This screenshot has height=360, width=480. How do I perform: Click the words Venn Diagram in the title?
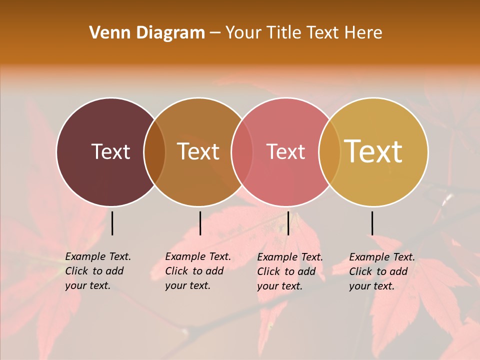click(147, 33)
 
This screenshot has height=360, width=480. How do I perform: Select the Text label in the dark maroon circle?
click(110, 152)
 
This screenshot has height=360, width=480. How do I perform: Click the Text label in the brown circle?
click(198, 152)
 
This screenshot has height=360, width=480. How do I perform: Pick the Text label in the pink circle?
click(286, 152)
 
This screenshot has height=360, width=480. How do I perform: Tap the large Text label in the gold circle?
click(373, 151)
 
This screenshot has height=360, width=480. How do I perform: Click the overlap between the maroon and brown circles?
click(154, 152)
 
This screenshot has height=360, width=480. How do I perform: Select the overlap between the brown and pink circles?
click(242, 152)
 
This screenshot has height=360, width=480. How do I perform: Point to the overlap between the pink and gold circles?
click(329, 152)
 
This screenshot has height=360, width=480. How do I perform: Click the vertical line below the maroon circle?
click(112, 223)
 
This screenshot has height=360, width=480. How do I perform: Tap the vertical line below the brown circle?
click(200, 223)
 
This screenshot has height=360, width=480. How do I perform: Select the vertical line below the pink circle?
click(288, 223)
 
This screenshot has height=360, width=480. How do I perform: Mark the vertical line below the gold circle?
click(372, 223)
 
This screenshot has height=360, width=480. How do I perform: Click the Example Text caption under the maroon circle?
click(98, 271)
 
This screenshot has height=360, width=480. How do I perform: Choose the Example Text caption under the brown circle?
click(198, 271)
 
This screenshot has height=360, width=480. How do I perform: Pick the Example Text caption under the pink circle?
click(290, 271)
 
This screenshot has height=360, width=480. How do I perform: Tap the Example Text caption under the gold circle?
click(382, 271)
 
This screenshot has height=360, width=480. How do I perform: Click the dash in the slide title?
click(215, 33)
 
